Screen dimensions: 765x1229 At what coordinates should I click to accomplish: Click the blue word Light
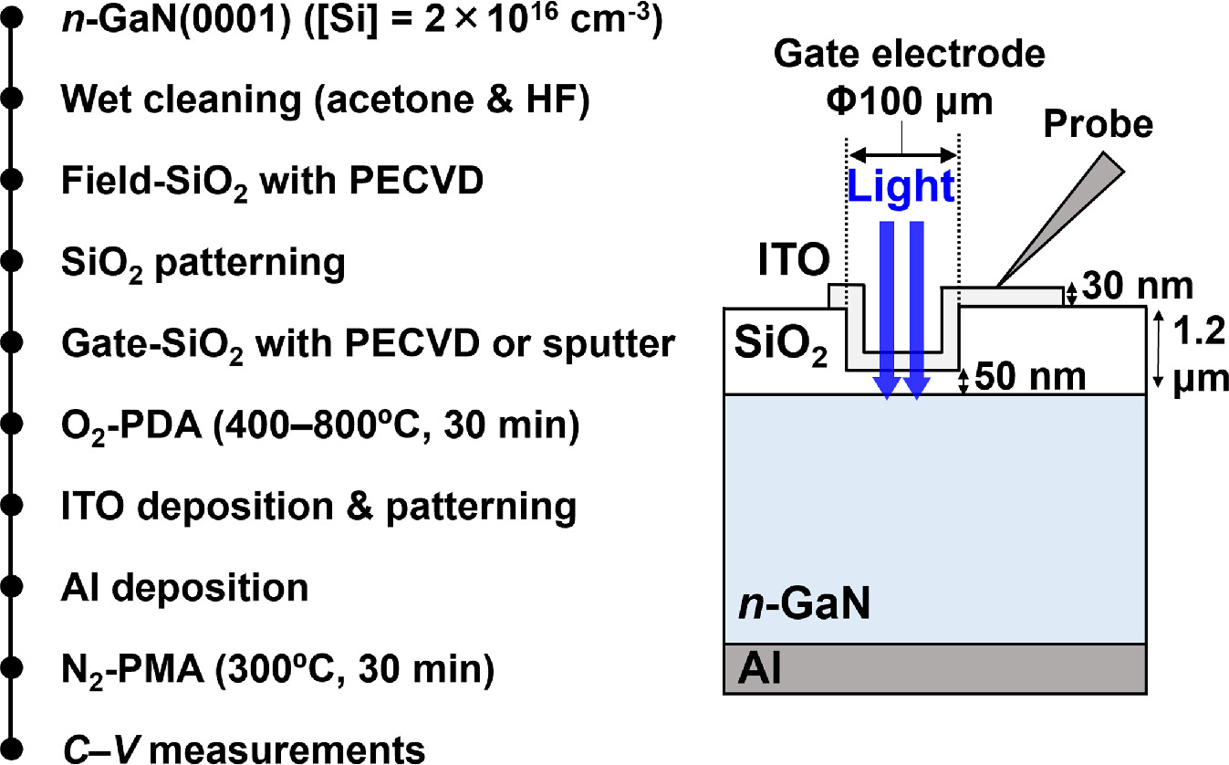(x=901, y=186)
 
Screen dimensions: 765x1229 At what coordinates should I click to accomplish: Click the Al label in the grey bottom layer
(x=757, y=672)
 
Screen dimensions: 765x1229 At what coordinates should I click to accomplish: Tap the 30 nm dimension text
(x=1139, y=287)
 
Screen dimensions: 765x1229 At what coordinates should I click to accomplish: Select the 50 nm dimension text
(x=1030, y=376)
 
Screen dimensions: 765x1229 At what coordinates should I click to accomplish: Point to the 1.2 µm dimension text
(x=1192, y=352)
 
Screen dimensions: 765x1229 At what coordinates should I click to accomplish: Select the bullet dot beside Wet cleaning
(x=11, y=100)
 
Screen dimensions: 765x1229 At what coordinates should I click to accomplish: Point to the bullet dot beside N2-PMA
(x=11, y=670)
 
